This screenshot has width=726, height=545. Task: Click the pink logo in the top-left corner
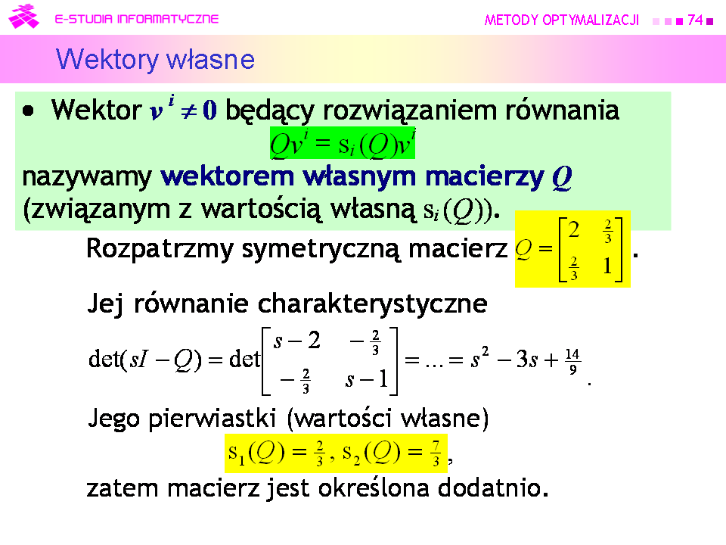pos(23,17)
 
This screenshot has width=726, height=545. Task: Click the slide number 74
pos(695,20)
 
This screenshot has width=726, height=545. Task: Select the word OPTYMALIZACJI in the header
pos(591,20)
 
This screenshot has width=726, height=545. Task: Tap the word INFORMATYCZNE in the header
pos(168,19)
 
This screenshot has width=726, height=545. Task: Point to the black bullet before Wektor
pos(28,111)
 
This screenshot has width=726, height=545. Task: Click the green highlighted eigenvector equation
pos(343,143)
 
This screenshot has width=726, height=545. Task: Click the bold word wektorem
pos(228,176)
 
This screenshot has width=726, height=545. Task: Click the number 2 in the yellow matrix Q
pos(574,229)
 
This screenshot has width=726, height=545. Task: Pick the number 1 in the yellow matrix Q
pos(607,266)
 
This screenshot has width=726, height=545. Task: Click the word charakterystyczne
pos(372,304)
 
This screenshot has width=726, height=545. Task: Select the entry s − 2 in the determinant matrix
pos(296,341)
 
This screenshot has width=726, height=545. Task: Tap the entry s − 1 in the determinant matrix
pos(366,379)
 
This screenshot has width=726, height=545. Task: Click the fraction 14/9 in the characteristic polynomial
pos(572,362)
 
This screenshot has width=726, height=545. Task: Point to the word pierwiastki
pos(212,419)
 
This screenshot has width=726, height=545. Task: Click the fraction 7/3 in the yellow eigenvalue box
pos(436,453)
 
